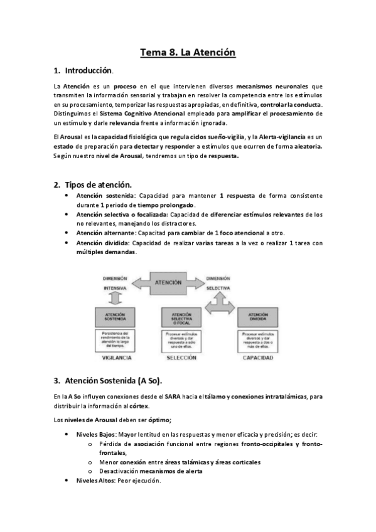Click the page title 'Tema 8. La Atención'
[188, 53]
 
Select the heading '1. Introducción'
[82, 71]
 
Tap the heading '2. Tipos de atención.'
[92, 185]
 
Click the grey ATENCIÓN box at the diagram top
[173, 284]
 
